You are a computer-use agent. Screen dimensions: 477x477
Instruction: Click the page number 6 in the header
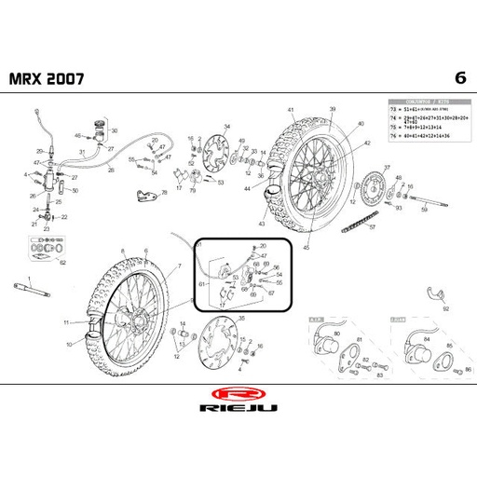[x=458, y=76]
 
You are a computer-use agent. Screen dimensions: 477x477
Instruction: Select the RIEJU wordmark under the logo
[x=238, y=410]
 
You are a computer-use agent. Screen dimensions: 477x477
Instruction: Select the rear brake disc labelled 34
[x=213, y=152]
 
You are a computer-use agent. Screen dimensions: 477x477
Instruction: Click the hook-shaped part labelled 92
[x=434, y=296]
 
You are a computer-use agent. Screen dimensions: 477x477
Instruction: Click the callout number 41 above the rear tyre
[x=291, y=111]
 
